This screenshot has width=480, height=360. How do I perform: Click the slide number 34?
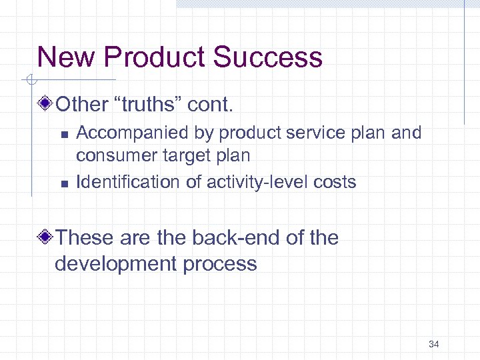[x=433, y=344]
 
